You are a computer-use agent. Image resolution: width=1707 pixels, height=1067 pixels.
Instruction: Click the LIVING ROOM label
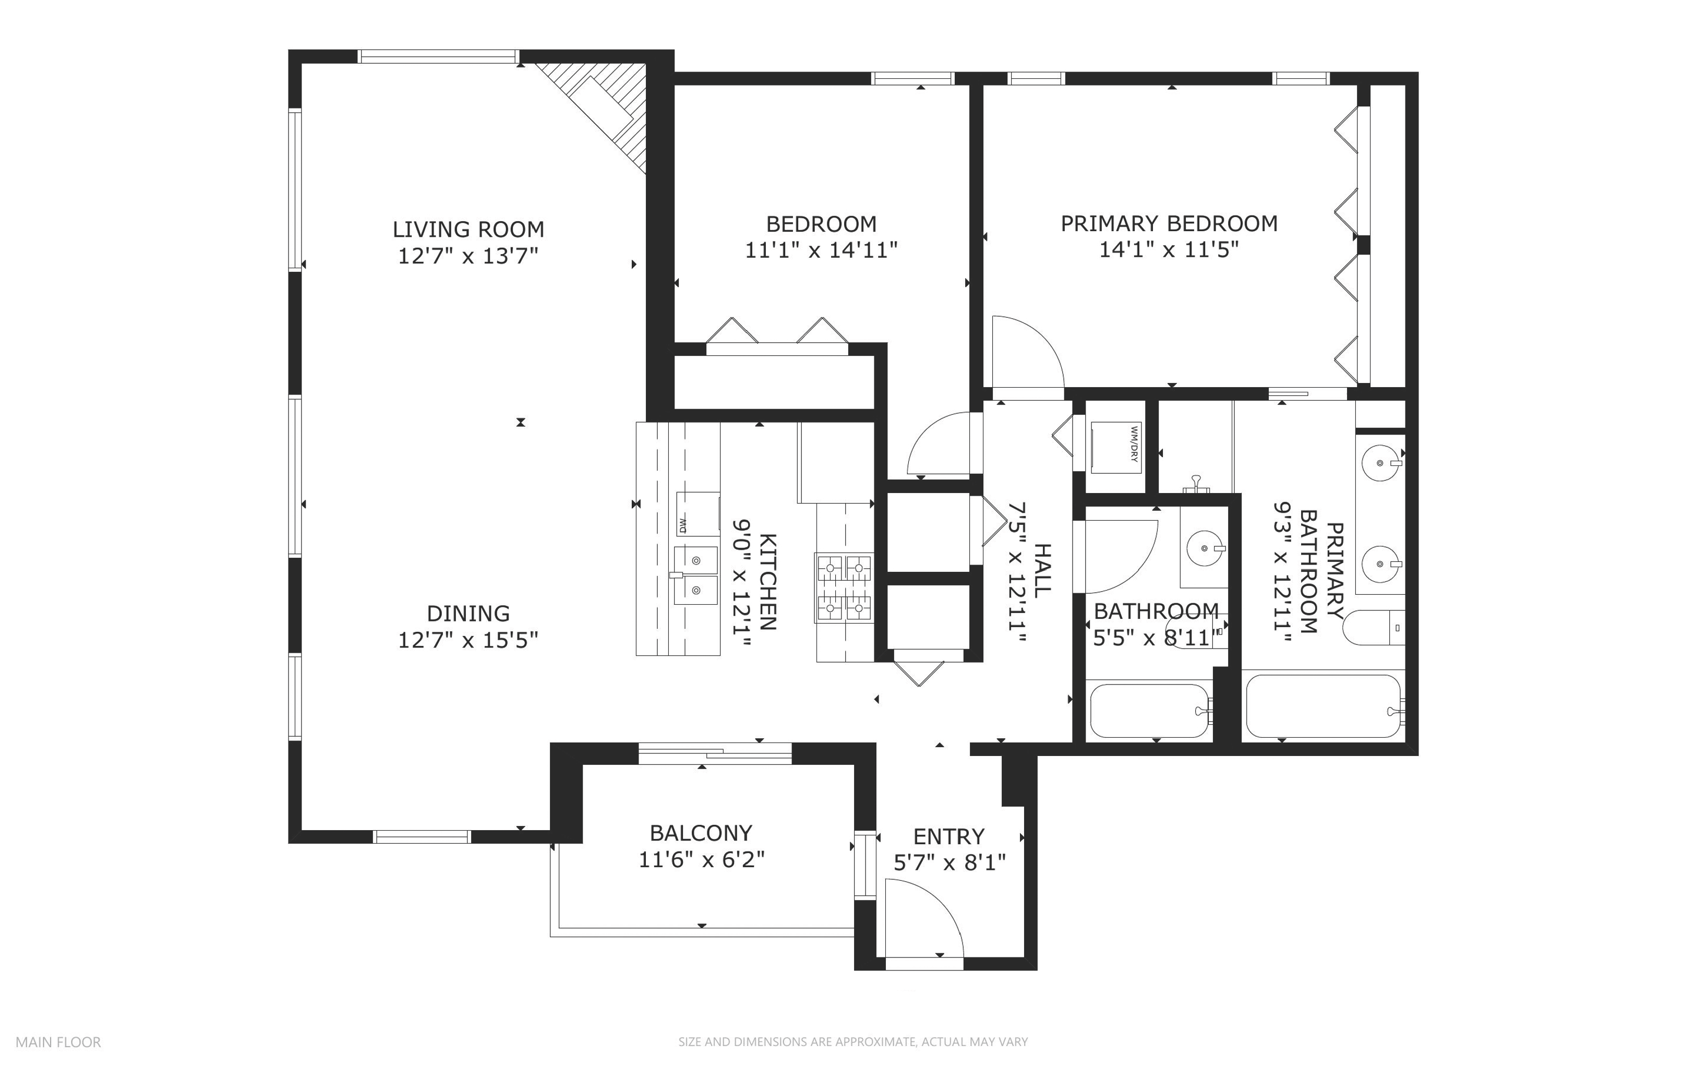point(468,230)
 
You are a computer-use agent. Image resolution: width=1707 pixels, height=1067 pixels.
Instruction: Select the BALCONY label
point(701,833)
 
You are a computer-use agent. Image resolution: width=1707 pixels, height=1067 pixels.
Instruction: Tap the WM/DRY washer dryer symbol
point(1114,446)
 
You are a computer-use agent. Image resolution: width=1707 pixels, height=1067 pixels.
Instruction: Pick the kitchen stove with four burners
point(844,588)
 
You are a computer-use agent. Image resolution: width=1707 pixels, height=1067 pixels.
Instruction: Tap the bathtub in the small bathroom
point(1150,711)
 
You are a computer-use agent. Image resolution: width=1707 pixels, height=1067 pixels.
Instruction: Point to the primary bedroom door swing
point(1027,352)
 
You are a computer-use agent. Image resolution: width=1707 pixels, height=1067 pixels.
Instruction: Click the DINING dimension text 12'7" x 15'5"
point(468,640)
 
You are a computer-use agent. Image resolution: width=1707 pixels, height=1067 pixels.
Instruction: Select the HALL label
point(1042,570)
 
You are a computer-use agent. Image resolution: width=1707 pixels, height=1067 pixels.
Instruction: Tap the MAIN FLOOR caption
point(58,1041)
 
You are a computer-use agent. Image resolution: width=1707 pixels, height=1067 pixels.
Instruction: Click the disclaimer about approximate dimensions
point(853,1041)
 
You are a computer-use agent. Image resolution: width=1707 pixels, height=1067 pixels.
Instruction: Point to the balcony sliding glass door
point(715,753)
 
